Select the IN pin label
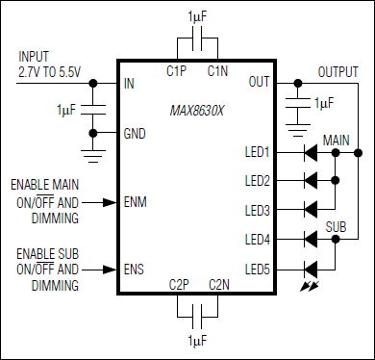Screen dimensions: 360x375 (x=129, y=84)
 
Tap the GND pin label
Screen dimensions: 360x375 (x=135, y=134)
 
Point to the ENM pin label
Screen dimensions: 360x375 (x=136, y=203)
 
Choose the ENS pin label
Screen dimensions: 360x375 (x=135, y=269)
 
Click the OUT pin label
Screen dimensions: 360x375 (x=259, y=83)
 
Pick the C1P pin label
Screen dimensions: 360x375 (x=176, y=70)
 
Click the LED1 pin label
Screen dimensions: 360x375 (x=257, y=151)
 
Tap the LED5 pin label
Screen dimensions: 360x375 (x=257, y=269)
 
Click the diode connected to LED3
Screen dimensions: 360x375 (x=311, y=209)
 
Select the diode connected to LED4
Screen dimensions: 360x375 (x=311, y=238)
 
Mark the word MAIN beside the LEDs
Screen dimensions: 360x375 (x=337, y=140)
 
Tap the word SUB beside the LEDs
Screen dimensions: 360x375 (x=336, y=227)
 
